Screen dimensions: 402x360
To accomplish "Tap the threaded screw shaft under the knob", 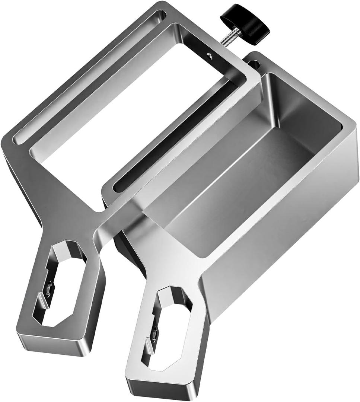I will (227, 37).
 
